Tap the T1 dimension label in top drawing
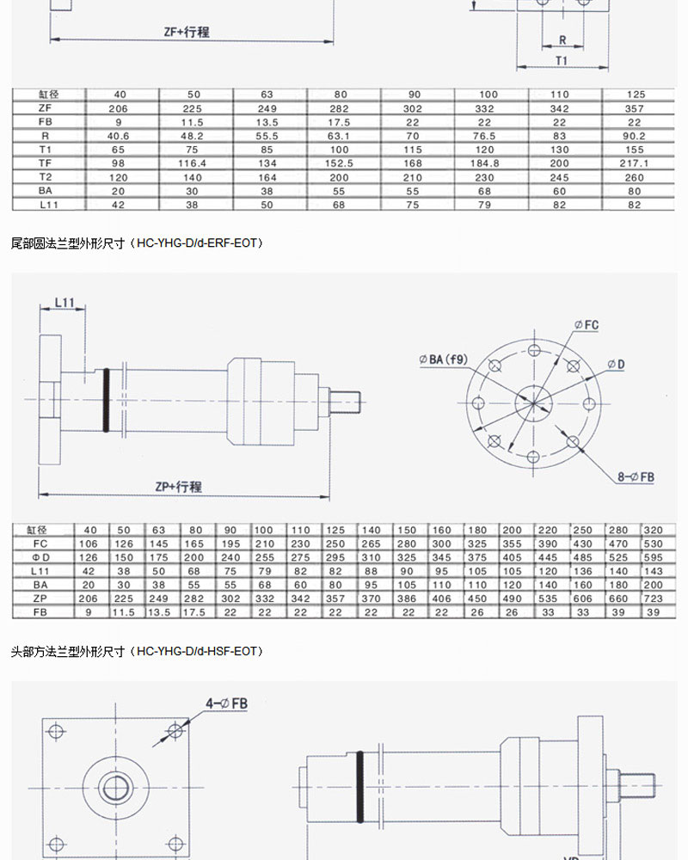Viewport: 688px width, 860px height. point(561,61)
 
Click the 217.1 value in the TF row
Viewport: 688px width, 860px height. point(637,162)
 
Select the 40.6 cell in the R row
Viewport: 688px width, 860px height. point(118,135)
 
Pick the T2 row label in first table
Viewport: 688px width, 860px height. point(46,175)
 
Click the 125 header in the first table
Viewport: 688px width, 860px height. point(637,95)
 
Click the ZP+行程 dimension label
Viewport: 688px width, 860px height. point(178,487)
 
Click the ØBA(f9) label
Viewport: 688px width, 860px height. point(444,359)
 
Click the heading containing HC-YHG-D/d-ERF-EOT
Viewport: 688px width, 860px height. point(138,243)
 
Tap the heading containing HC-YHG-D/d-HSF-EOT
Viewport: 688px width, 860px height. point(138,651)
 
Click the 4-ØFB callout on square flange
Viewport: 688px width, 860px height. point(226,703)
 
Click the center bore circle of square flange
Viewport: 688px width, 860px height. point(115,786)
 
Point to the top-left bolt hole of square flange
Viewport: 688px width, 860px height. point(58,732)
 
